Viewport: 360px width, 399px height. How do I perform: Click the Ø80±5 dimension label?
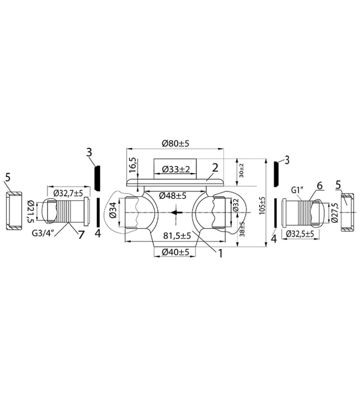(176, 143)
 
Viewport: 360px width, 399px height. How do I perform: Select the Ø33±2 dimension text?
(176, 169)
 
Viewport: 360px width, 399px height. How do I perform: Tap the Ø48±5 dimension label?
(173, 196)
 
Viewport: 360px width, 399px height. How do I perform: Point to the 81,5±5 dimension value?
(177, 236)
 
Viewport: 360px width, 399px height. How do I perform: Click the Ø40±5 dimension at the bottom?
(176, 252)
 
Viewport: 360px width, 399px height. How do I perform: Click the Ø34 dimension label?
(114, 210)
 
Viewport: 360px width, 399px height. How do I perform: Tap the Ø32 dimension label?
(235, 208)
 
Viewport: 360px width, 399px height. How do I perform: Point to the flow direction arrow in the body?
(177, 212)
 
